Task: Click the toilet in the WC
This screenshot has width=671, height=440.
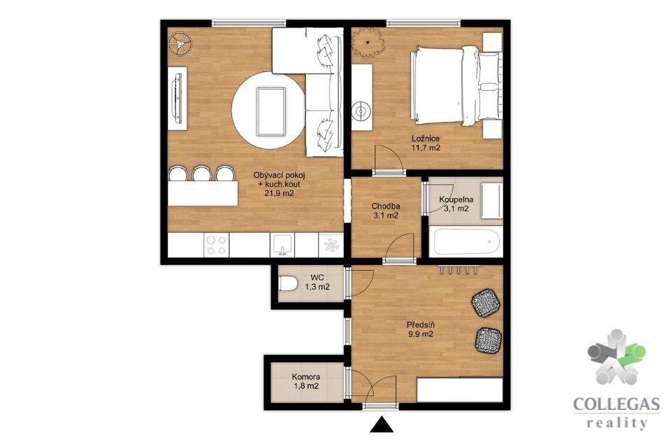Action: tap(288, 283)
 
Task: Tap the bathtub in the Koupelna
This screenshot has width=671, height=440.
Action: tap(467, 243)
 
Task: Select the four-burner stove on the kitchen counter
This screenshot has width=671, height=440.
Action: tap(216, 246)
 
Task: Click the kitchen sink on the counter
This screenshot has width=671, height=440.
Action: tap(282, 245)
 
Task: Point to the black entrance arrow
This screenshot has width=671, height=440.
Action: tap(382, 425)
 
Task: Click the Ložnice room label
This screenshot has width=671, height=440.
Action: tap(426, 139)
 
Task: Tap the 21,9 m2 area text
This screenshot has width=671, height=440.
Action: tap(279, 194)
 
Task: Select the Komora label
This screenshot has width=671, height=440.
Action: tap(306, 377)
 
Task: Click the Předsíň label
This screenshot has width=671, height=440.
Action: tap(419, 325)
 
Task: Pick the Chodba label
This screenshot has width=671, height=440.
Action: tap(386, 206)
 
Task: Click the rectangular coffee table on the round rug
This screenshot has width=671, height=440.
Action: tap(271, 111)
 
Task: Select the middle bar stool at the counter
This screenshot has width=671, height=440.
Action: tap(201, 174)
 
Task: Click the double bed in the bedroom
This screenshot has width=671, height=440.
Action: tap(455, 86)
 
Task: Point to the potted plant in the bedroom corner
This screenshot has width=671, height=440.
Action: tap(368, 42)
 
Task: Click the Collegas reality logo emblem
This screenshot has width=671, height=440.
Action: tap(616, 357)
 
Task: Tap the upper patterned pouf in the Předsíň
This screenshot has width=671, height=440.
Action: tap(486, 302)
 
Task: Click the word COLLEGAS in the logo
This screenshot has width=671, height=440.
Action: tap(616, 404)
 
